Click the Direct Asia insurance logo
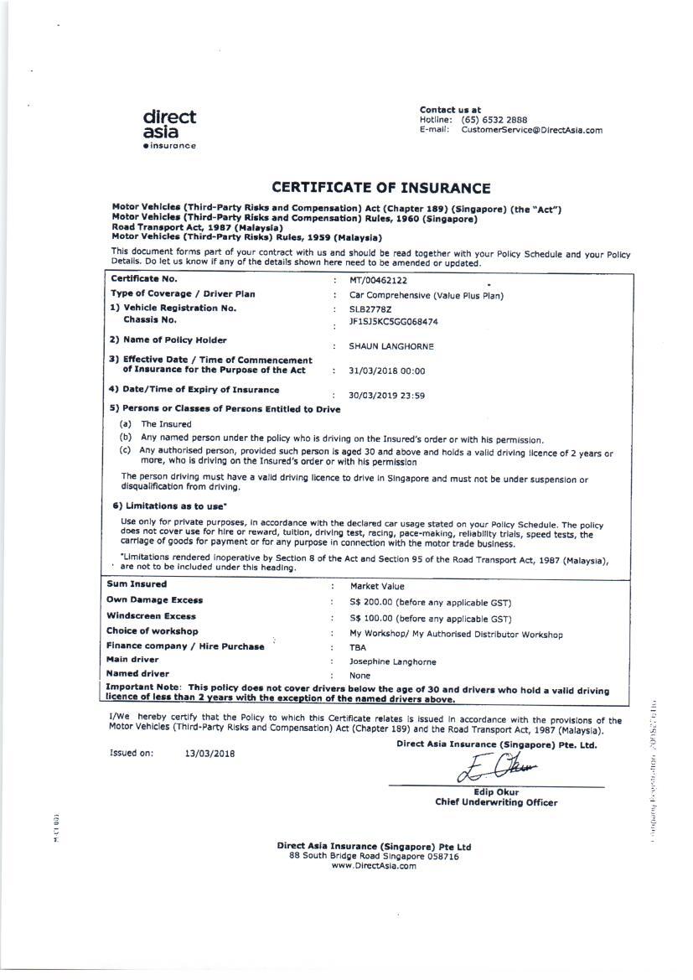pyautogui.click(x=169, y=129)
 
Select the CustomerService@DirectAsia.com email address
pyautogui.click(x=531, y=130)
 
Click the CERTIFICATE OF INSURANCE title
pyautogui.click(x=380, y=188)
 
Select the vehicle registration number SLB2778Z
pyautogui.click(x=370, y=309)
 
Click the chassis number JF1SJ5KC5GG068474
pyautogui.click(x=393, y=321)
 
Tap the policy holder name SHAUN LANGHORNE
pyautogui.click(x=391, y=346)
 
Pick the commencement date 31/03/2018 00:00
pyautogui.click(x=387, y=371)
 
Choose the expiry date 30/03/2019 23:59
pyautogui.click(x=387, y=396)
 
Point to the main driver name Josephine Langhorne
pyautogui.click(x=393, y=661)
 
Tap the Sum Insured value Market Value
pyautogui.click(x=377, y=587)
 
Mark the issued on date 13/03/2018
pyautogui.click(x=209, y=753)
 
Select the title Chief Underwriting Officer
pyautogui.click(x=496, y=802)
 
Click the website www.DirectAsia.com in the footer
pyautogui.click(x=374, y=866)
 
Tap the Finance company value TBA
pyautogui.click(x=358, y=647)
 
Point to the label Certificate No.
pyautogui.click(x=144, y=279)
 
